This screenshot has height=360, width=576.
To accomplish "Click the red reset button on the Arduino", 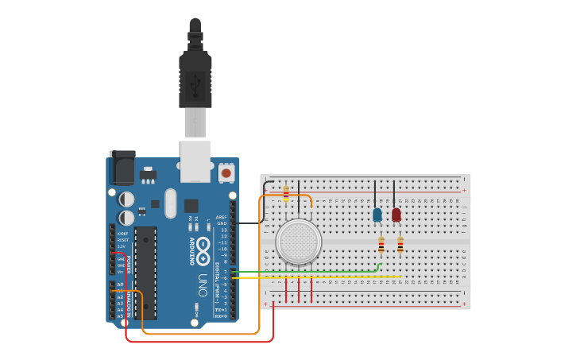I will click(x=226, y=172).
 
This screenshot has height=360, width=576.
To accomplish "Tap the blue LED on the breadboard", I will click(x=377, y=215).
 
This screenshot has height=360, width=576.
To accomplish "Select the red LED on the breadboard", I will click(x=396, y=215).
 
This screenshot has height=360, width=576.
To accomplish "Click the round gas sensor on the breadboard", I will click(x=299, y=242).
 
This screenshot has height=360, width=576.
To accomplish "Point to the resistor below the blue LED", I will click(x=381, y=245).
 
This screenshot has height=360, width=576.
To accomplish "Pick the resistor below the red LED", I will click(x=400, y=245).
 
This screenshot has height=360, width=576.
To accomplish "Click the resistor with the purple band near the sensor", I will click(x=286, y=194).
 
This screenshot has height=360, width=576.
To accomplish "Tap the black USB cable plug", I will click(x=195, y=75).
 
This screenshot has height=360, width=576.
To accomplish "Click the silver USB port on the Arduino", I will click(x=195, y=158).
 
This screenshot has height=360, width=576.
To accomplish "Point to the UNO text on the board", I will click(x=203, y=284).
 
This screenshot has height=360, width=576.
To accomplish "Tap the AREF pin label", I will click(x=222, y=217).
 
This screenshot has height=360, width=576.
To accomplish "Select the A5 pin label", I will click(x=120, y=315).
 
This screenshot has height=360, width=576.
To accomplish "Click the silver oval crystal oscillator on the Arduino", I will click(x=171, y=203).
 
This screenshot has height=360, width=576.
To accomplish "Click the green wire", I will click(x=318, y=272).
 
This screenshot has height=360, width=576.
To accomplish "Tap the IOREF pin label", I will click(x=122, y=234).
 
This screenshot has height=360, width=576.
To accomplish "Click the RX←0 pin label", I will click(x=221, y=315).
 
